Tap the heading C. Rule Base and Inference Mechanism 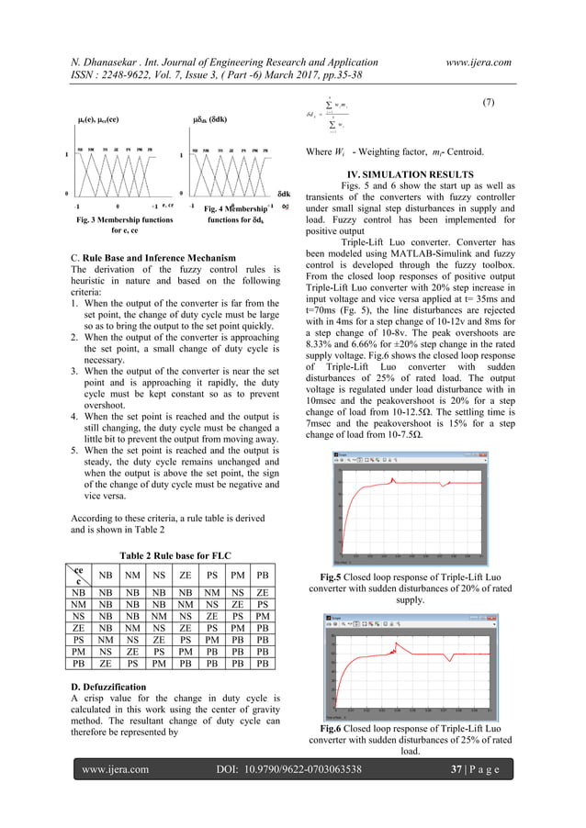point(143,257)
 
